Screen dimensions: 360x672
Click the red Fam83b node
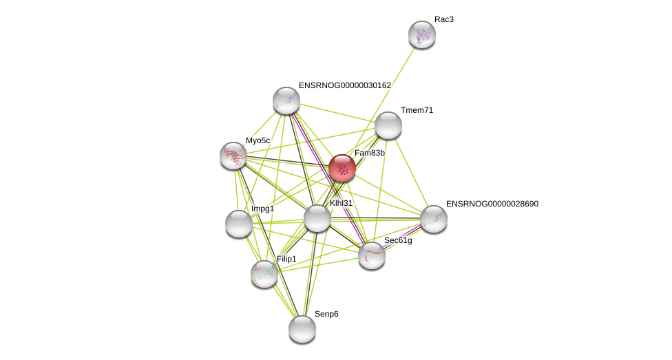[342, 168]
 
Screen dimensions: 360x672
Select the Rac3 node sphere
[421, 34]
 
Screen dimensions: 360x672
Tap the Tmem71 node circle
[388, 125]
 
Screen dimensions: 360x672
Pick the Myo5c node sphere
[233, 156]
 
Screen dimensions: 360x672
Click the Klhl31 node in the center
[317, 218]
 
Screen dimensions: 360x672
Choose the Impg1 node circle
[238, 224]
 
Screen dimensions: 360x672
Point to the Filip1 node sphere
[264, 274]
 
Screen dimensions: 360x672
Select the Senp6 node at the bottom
[302, 329]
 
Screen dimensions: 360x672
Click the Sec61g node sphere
[372, 255]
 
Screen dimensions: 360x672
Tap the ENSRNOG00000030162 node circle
[286, 100]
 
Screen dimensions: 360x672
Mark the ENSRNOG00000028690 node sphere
[434, 219]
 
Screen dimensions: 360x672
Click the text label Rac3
[443, 19]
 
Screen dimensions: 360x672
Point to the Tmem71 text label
[417, 110]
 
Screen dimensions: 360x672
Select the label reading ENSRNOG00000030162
[344, 85]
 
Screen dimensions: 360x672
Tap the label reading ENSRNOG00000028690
[492, 204]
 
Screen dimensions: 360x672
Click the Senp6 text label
[326, 314]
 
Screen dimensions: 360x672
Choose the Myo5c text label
[258, 140]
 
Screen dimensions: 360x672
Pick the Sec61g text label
[398, 240]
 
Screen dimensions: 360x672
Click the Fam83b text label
[369, 153]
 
